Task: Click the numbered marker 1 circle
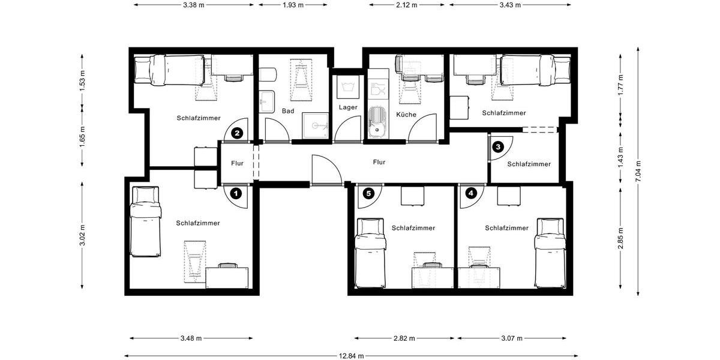(x=236, y=193)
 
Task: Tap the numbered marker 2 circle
(x=238, y=133)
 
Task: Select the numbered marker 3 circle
(x=498, y=146)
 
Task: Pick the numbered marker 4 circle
(x=471, y=193)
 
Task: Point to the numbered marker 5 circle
(x=368, y=193)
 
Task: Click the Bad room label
(x=288, y=111)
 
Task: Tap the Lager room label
(x=348, y=107)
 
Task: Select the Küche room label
(x=406, y=114)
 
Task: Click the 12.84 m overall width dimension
(x=350, y=356)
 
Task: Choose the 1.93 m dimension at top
(x=292, y=5)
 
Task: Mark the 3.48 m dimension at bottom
(x=191, y=338)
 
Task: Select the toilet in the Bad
(x=267, y=75)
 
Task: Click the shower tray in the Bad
(x=315, y=127)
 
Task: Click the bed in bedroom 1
(x=146, y=221)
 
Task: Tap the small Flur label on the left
(x=238, y=163)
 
